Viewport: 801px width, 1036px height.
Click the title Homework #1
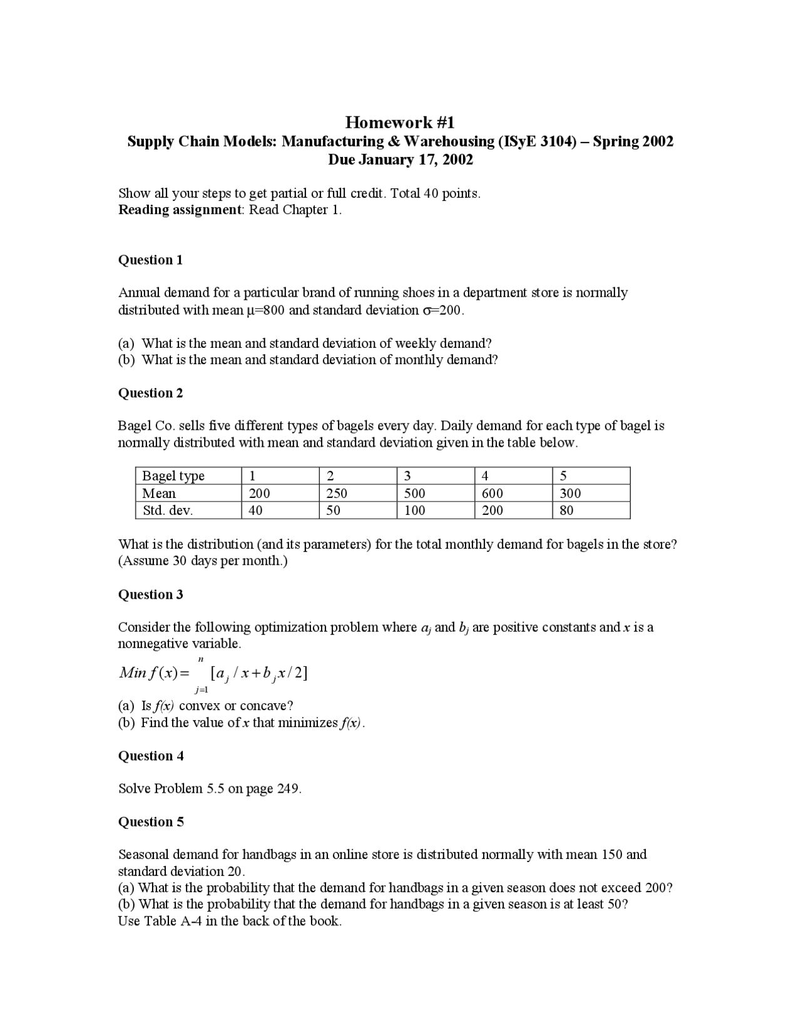(x=400, y=122)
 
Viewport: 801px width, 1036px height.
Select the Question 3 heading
(x=151, y=594)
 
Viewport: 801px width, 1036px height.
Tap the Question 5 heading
(x=151, y=821)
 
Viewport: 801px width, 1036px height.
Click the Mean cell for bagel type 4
(x=492, y=493)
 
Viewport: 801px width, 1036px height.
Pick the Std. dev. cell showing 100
(x=414, y=510)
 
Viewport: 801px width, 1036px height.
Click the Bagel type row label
(x=173, y=476)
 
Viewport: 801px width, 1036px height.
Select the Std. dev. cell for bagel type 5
(x=566, y=510)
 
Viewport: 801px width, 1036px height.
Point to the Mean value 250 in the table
(x=337, y=493)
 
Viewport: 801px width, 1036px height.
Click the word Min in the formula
(x=133, y=673)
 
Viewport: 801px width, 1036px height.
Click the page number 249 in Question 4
(x=288, y=788)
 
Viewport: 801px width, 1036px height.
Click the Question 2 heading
(x=151, y=393)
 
